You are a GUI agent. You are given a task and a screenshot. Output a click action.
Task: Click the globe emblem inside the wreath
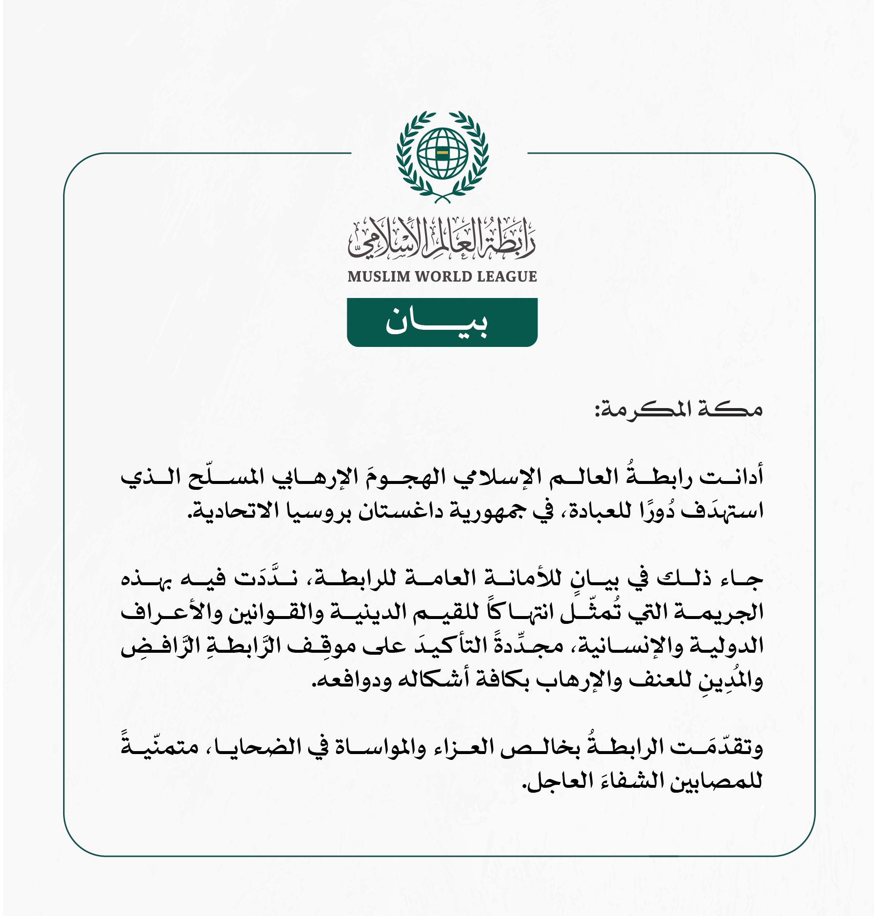point(443,153)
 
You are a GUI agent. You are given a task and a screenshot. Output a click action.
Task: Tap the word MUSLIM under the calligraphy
point(379,276)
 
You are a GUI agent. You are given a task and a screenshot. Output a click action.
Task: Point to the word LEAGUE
point(507,276)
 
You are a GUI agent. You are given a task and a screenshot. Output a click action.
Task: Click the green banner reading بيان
point(442,322)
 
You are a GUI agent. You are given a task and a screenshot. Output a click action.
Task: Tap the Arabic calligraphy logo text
point(442,238)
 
